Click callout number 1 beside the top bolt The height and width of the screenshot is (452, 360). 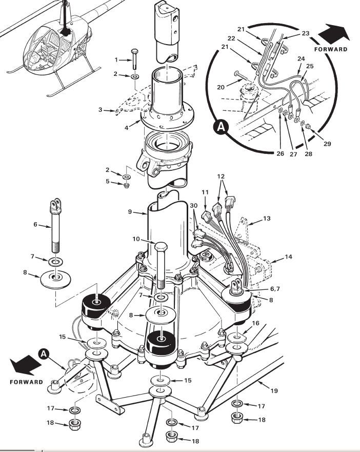[x=116, y=60]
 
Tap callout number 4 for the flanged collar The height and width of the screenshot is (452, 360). [x=127, y=127]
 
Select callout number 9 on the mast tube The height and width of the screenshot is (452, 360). [x=130, y=212]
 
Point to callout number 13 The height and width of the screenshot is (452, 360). [x=267, y=219]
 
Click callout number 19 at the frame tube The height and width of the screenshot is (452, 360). [x=274, y=390]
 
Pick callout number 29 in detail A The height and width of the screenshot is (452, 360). [x=327, y=144]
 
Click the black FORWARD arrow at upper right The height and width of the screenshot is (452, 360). [x=333, y=33]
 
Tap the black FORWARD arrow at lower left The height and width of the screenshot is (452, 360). [x=25, y=364]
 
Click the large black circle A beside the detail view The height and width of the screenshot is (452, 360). [x=221, y=127]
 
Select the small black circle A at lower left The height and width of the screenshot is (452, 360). [x=44, y=353]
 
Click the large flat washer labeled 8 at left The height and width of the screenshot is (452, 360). [x=55, y=279]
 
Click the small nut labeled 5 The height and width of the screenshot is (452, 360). [x=126, y=185]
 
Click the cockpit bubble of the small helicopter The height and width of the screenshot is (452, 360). [x=43, y=48]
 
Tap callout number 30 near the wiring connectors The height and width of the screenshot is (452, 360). [x=194, y=206]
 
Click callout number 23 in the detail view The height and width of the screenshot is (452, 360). [x=306, y=33]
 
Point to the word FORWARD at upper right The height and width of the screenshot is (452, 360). [x=331, y=49]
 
